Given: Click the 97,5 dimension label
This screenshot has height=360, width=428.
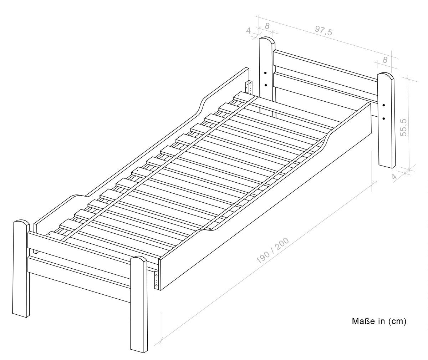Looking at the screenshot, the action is pyautogui.click(x=323, y=31).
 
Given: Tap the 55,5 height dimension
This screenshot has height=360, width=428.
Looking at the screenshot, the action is pyautogui.click(x=403, y=127).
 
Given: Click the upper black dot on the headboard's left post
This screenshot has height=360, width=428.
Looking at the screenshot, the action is pyautogui.click(x=265, y=73).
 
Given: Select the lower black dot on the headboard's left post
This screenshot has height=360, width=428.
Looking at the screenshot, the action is pyautogui.click(x=266, y=85).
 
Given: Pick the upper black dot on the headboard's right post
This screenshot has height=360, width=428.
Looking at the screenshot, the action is pyautogui.click(x=384, y=105).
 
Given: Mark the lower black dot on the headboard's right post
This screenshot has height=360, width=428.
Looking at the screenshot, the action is pyautogui.click(x=384, y=118).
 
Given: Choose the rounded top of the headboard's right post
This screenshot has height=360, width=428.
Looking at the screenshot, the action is pyautogui.click(x=386, y=75).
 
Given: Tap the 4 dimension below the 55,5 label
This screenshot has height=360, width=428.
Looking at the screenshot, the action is pyautogui.click(x=394, y=176).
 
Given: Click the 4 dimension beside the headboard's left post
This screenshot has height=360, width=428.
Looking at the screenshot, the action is pyautogui.click(x=249, y=31).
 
